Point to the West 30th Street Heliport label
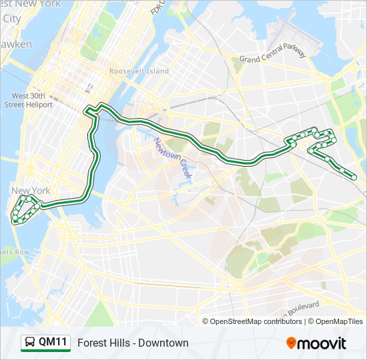(x=33, y=100)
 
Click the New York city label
(x=31, y=191)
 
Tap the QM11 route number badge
(x=53, y=343)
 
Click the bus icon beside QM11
(x=30, y=343)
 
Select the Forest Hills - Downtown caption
(x=133, y=343)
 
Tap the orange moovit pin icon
(x=292, y=343)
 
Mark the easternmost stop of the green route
(x=353, y=177)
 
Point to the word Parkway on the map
(x=293, y=54)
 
